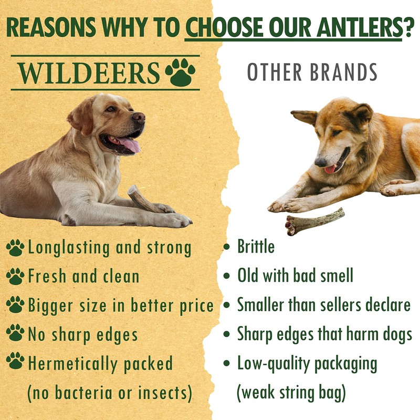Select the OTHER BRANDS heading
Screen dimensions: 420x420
pyautogui.click(x=312, y=73)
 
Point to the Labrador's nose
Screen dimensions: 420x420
pyautogui.click(x=139, y=117)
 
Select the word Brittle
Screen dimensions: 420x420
pyautogui.click(x=256, y=246)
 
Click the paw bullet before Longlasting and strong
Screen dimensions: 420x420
pyautogui.click(x=15, y=247)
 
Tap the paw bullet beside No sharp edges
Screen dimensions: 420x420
pyautogui.click(x=15, y=332)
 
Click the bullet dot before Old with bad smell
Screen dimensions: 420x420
pyautogui.click(x=227, y=276)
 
